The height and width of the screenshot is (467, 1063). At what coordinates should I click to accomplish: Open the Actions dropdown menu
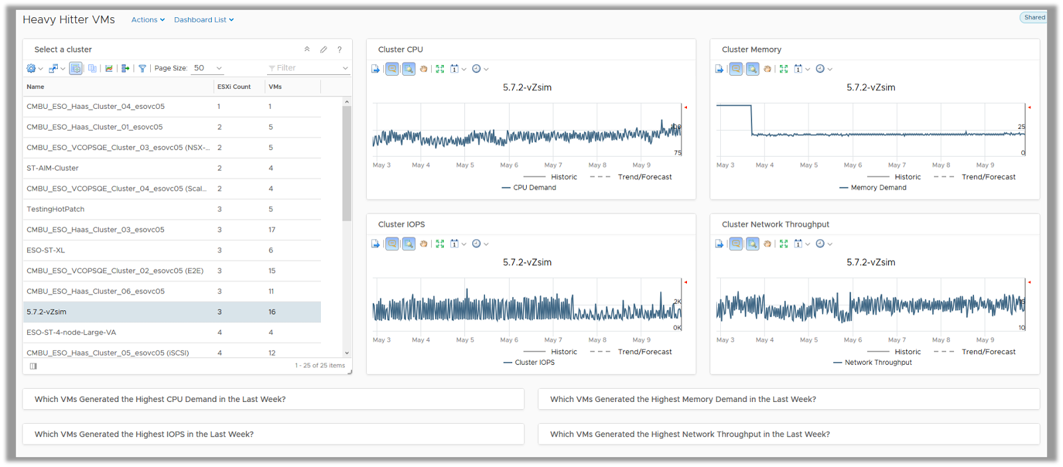click(147, 20)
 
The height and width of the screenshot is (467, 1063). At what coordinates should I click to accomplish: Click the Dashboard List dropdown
click(203, 20)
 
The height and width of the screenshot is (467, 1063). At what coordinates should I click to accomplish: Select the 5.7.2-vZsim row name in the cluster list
click(47, 312)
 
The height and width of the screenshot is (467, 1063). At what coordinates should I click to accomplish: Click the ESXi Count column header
click(234, 87)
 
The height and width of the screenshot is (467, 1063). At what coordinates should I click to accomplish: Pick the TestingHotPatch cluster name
click(56, 209)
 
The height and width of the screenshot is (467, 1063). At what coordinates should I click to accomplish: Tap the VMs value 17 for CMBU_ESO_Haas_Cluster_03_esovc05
click(272, 230)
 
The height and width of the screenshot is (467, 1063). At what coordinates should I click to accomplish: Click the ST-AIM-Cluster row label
click(52, 168)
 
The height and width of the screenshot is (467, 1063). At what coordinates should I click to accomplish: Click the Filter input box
click(306, 68)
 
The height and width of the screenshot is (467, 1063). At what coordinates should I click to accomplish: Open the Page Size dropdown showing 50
click(207, 68)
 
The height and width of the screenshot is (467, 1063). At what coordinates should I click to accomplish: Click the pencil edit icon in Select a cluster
click(324, 50)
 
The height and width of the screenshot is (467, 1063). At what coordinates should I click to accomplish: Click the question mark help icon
click(339, 50)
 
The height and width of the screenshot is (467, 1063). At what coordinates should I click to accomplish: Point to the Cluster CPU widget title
click(401, 50)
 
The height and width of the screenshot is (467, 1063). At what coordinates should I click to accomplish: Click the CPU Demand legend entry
click(534, 188)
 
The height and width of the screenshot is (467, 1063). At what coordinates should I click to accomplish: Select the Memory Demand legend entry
click(878, 188)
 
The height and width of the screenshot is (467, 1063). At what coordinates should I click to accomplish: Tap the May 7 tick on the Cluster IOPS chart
click(553, 340)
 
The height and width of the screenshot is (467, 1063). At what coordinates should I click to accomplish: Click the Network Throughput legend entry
click(878, 363)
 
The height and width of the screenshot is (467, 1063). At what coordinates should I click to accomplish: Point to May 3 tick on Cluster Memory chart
click(725, 165)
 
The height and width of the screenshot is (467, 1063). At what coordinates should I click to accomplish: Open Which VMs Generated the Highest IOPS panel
click(144, 434)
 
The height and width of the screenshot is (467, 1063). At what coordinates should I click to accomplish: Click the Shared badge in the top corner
click(1034, 18)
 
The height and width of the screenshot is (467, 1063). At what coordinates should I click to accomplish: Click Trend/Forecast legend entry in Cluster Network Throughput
click(988, 352)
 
